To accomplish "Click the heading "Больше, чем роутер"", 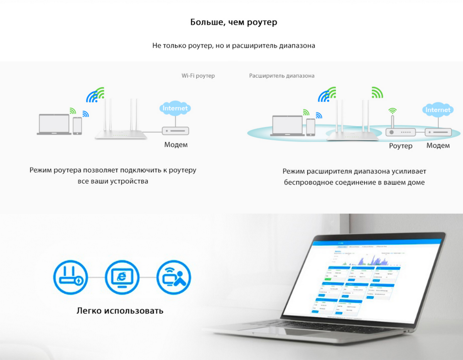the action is click(234, 22).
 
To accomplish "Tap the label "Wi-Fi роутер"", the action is click(198, 76).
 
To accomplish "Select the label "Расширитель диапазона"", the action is click(282, 76).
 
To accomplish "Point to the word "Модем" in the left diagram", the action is click(176, 145).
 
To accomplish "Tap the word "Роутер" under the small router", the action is click(400, 146).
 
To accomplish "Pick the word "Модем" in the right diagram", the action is click(438, 146).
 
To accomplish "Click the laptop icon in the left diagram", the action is click(54, 124).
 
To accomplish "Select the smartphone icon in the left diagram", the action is click(77, 126).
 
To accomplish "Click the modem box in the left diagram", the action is click(175, 131).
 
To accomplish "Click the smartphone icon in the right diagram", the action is click(311, 127).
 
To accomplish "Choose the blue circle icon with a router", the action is click(70, 277).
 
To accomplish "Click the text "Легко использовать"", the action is click(120, 310).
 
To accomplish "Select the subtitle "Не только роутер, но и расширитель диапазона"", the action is click(234, 45).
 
